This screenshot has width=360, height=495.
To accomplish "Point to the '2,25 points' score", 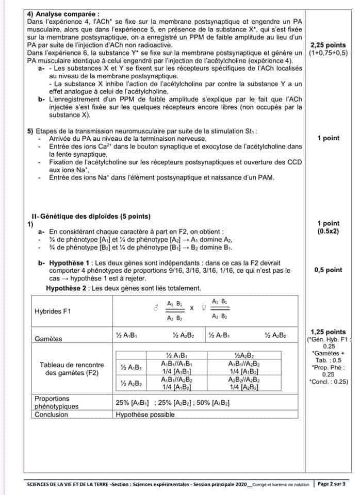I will coord(328,45).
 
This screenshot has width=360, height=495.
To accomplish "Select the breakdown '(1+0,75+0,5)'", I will coord(328,53).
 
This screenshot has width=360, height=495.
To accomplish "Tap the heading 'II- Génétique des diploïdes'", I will coord(84,216).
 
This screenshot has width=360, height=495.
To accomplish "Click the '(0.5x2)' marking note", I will coord(328,232).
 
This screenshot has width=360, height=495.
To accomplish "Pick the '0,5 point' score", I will coord(328,270).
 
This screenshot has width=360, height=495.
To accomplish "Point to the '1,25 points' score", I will coord(328,332).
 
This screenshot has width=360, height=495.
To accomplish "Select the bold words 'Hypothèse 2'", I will coord(67,288).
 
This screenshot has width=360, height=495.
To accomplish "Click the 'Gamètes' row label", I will coord(48,339).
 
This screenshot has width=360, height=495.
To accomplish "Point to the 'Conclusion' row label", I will coord(51,414).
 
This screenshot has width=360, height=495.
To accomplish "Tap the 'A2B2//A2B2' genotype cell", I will coord(244,379).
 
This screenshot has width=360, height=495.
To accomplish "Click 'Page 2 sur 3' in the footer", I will coord(332,484).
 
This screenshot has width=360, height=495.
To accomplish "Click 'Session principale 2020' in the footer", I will coord(218,485).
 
